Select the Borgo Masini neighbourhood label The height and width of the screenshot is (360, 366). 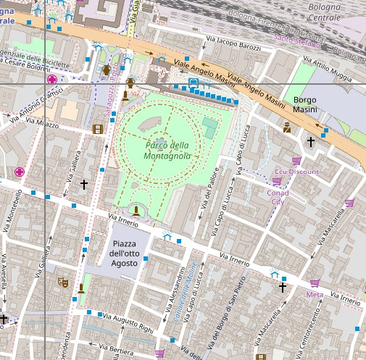[x=311, y=104]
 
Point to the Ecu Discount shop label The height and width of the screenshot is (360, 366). [x=296, y=172]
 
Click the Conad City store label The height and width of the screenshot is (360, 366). [x=278, y=197]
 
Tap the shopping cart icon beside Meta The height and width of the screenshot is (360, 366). [x=315, y=283]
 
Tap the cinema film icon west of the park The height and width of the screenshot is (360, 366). [x=98, y=129]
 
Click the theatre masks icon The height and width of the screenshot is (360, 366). [x=63, y=282]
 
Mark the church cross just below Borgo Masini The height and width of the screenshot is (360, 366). [x=311, y=141]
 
